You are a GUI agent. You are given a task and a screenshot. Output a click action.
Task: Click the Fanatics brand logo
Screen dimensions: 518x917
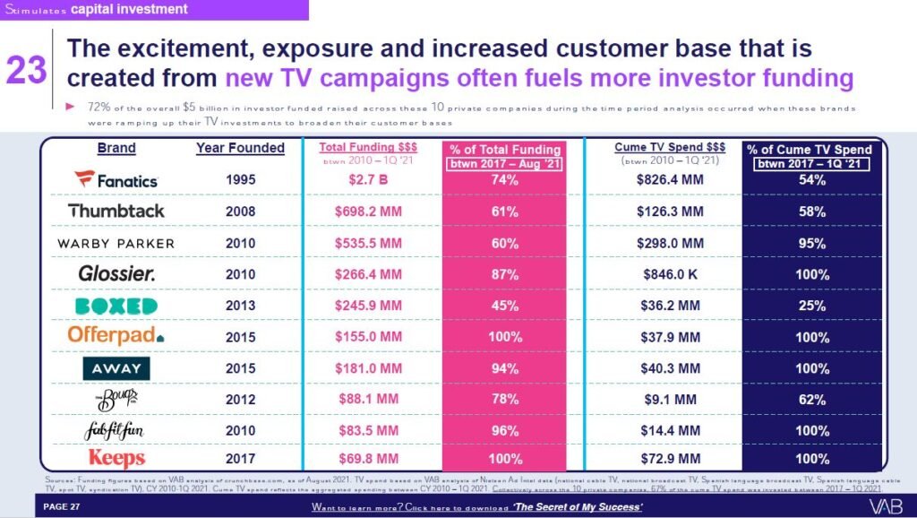pyautogui.click(x=116, y=180)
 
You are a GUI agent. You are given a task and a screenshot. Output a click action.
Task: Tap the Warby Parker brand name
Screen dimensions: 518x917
pyautogui.click(x=116, y=243)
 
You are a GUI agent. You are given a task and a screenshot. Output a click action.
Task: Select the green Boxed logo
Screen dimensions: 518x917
pyautogui.click(x=116, y=306)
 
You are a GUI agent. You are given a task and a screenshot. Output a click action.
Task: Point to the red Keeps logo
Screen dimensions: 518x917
pyautogui.click(x=116, y=458)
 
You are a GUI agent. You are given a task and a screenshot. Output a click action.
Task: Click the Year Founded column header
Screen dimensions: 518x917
pyautogui.click(x=240, y=148)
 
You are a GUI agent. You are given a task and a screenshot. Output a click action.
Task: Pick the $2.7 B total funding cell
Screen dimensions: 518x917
pyautogui.click(x=366, y=180)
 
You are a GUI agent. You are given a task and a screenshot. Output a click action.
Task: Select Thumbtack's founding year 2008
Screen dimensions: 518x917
pyautogui.click(x=240, y=212)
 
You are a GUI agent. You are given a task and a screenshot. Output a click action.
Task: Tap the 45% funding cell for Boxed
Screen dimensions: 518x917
pyautogui.click(x=505, y=306)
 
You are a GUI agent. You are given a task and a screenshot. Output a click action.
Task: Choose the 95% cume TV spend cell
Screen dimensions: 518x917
pyautogui.click(x=812, y=243)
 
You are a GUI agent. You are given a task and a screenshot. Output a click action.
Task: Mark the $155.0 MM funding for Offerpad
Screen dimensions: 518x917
pyautogui.click(x=366, y=337)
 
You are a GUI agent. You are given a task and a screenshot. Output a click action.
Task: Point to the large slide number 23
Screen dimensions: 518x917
pyautogui.click(x=26, y=71)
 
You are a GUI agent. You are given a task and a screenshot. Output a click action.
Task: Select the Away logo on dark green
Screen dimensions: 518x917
pyautogui.click(x=116, y=368)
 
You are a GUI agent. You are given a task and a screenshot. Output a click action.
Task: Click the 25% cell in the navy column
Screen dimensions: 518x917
pyautogui.click(x=812, y=306)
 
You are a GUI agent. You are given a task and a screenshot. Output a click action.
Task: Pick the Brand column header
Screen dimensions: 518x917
pyautogui.click(x=116, y=148)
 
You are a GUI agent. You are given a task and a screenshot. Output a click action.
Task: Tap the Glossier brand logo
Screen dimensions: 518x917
pyautogui.click(x=116, y=274)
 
